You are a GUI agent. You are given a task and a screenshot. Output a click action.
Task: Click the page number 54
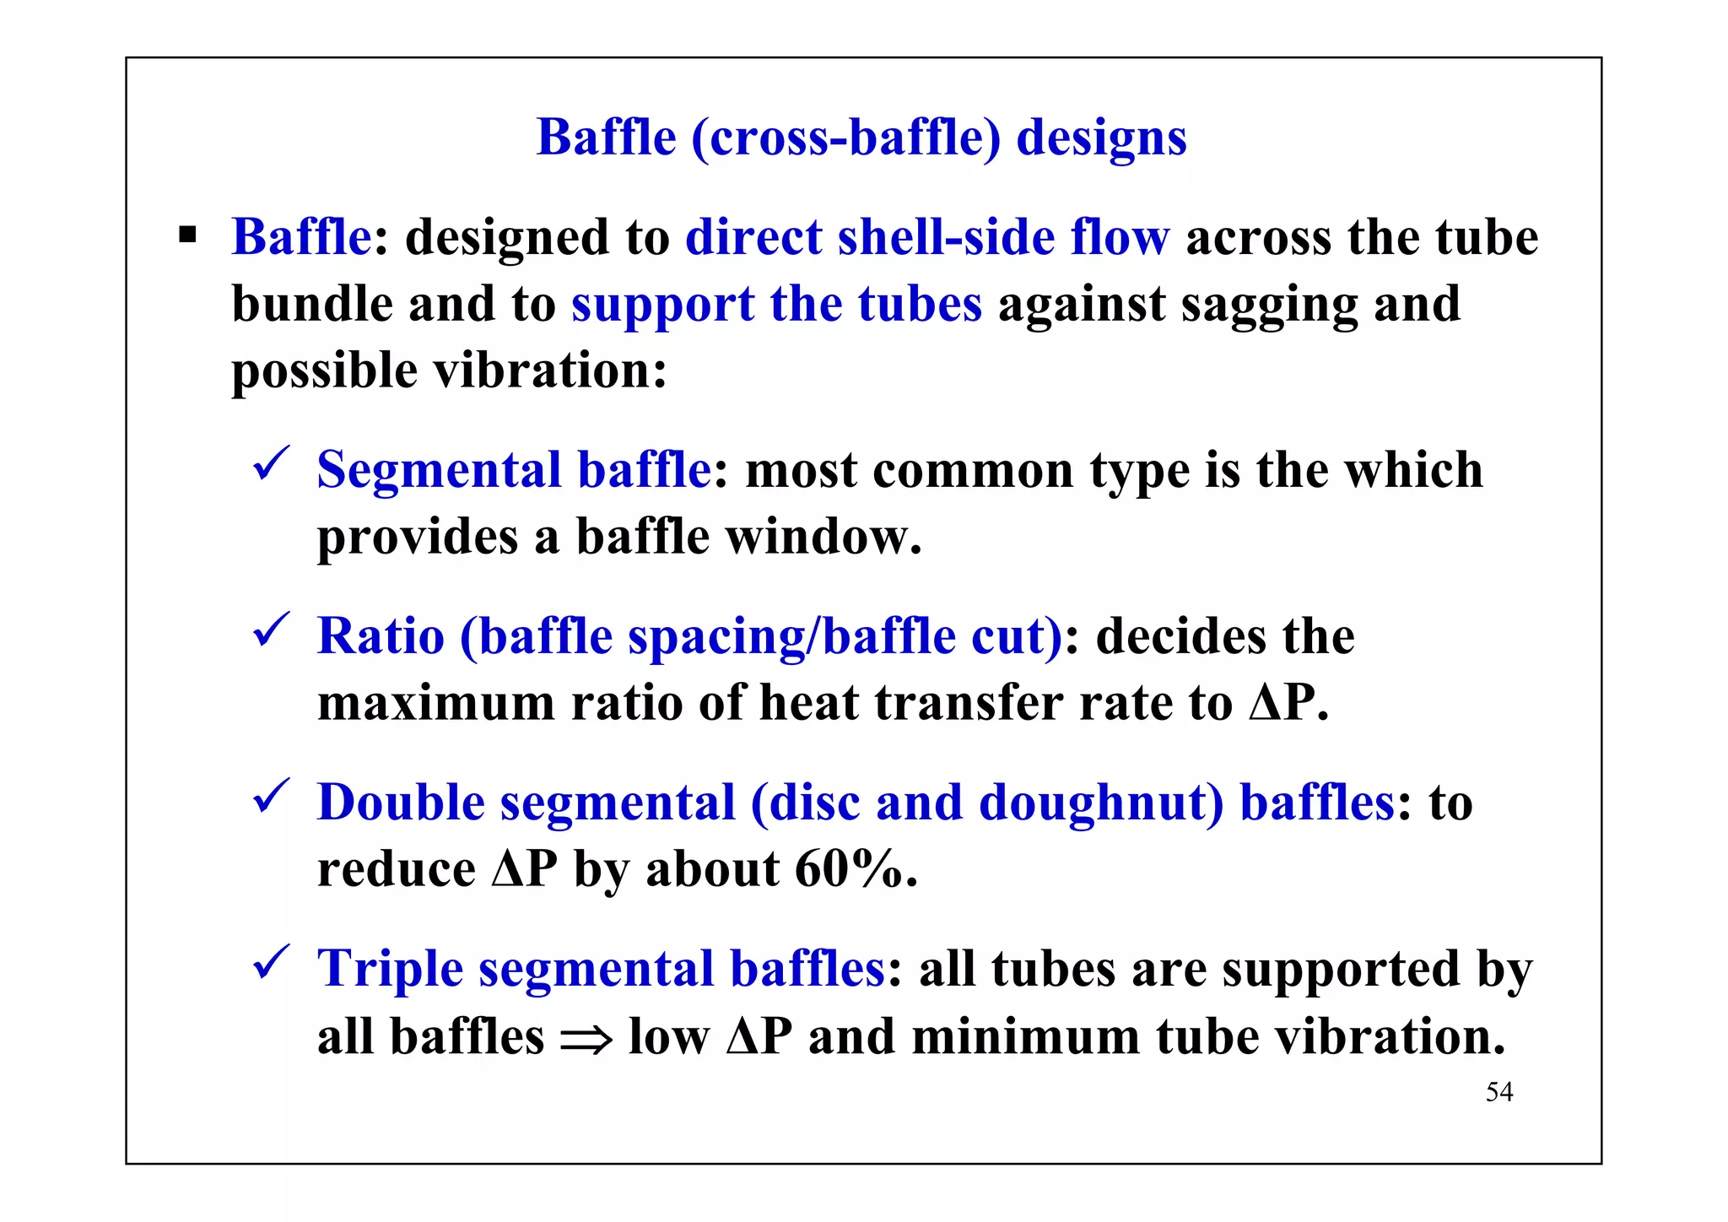(x=1499, y=1092)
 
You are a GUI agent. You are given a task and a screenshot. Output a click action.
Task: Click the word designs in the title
(x=1101, y=138)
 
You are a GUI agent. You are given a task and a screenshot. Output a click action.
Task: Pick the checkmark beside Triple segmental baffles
(x=272, y=962)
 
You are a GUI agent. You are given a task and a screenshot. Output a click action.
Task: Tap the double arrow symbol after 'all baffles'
(x=586, y=1041)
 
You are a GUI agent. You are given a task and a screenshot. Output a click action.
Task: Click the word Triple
(x=390, y=969)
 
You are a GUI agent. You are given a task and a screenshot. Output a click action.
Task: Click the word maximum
(x=435, y=702)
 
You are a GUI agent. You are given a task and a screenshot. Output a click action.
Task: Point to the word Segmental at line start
(x=439, y=470)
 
